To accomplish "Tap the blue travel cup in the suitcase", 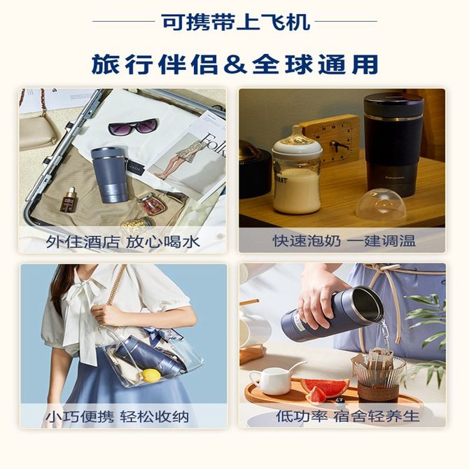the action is tap(109, 175).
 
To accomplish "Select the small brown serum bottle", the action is tap(68, 199).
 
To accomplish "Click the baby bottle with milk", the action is tap(296, 171).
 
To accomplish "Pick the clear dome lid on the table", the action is tap(381, 204).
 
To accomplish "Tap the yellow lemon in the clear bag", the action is tap(150, 375).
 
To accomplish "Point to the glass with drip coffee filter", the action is tap(379, 377).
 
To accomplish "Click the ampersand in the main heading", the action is tap(234, 64).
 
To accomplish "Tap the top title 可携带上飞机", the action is tap(235, 22).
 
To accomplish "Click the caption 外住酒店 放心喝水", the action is tap(122, 241).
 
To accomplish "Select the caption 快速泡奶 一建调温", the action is tap(344, 241).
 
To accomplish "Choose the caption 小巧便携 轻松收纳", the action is tap(118, 416).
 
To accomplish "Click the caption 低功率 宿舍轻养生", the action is tap(348, 416).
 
